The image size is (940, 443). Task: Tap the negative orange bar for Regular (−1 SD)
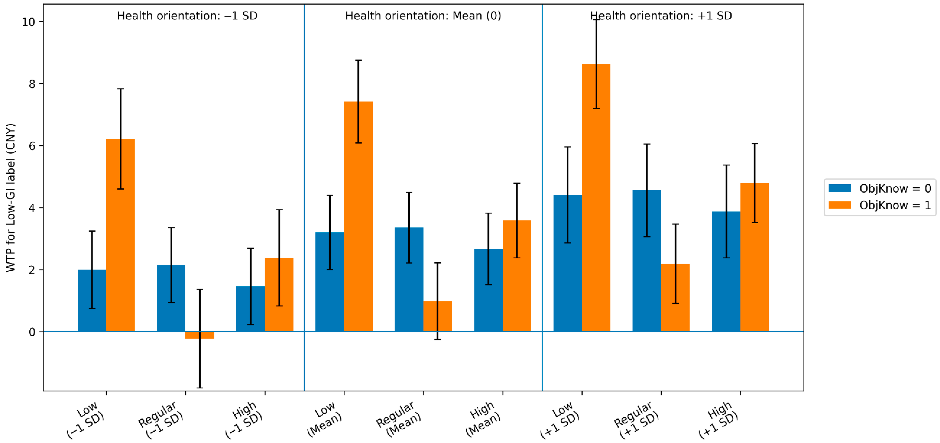[200, 335]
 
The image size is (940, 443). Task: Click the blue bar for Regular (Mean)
[409, 280]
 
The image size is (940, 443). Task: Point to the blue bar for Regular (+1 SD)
[647, 261]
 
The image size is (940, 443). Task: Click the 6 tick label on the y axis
[32, 146]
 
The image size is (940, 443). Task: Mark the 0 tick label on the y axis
[32, 332]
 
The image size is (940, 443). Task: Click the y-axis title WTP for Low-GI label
[11, 197]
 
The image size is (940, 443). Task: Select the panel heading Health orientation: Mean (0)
[423, 16]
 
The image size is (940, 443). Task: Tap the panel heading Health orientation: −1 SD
[187, 16]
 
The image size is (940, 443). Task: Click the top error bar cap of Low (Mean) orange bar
[358, 60]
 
